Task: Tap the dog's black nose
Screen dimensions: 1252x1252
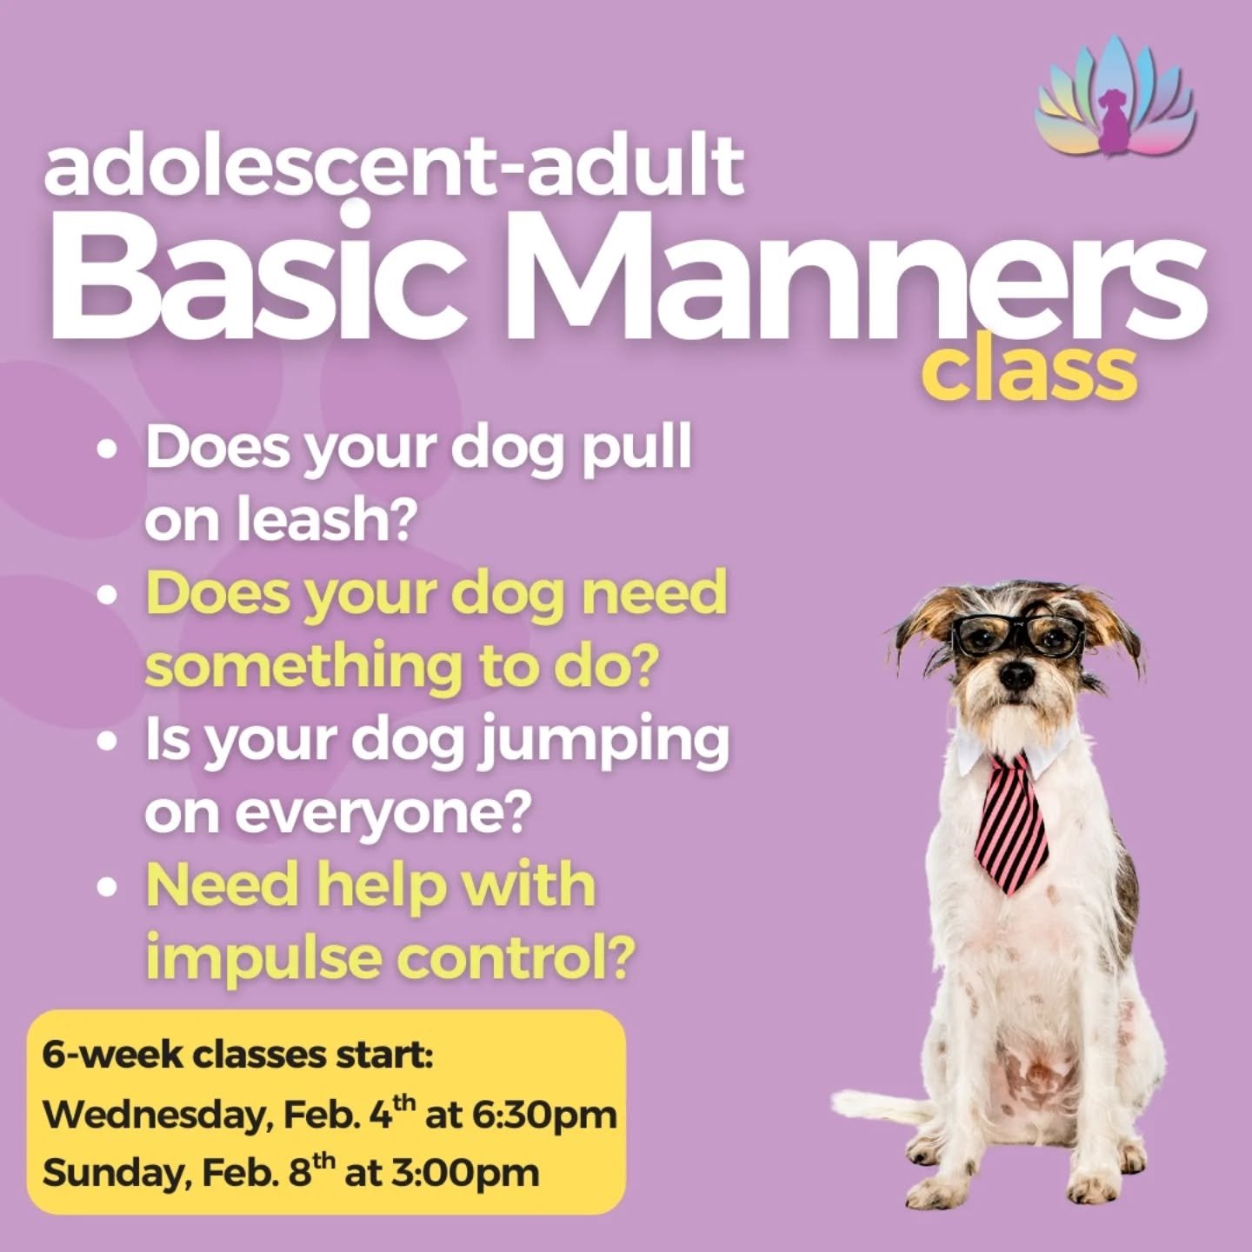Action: coord(1010,676)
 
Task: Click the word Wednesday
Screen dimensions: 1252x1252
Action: coord(153,1115)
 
